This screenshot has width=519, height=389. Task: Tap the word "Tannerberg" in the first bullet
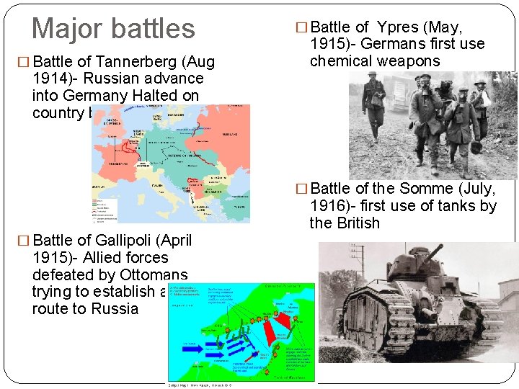pyautogui.click(x=129, y=61)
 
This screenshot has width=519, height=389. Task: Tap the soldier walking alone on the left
pyautogui.click(x=374, y=108)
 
